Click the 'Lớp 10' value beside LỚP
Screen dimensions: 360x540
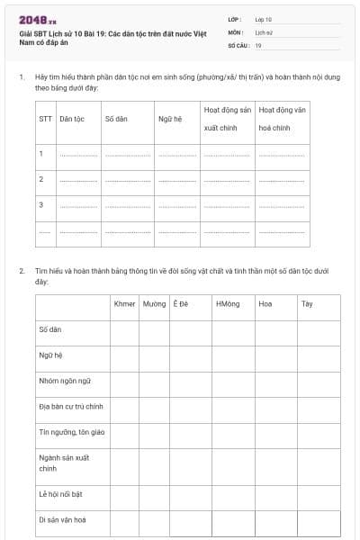click(263, 19)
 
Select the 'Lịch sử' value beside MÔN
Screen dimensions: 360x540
click(264, 31)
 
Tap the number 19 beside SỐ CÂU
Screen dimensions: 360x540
click(258, 44)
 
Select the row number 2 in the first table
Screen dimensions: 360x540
click(41, 179)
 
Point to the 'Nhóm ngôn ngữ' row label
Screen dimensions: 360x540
click(65, 381)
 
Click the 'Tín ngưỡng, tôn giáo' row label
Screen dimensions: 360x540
click(71, 432)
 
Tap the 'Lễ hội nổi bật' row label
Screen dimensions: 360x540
click(62, 493)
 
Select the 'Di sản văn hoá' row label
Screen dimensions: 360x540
click(62, 519)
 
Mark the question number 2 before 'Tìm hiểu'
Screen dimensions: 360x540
click(22, 271)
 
